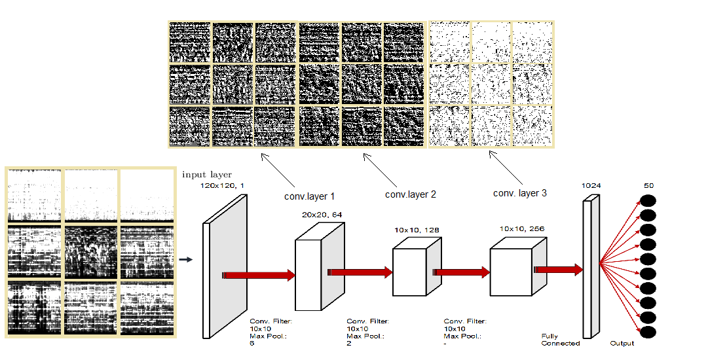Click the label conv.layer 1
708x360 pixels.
click(309, 196)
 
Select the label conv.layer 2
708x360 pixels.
click(410, 194)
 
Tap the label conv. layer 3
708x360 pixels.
click(519, 193)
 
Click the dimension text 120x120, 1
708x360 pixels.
click(223, 187)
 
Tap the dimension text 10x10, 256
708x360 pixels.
click(521, 229)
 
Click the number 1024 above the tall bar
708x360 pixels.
click(591, 185)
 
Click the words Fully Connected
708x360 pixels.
click(560, 340)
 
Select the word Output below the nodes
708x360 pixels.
click(622, 343)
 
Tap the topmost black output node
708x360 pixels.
click(648, 202)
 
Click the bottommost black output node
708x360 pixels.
click(648, 332)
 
